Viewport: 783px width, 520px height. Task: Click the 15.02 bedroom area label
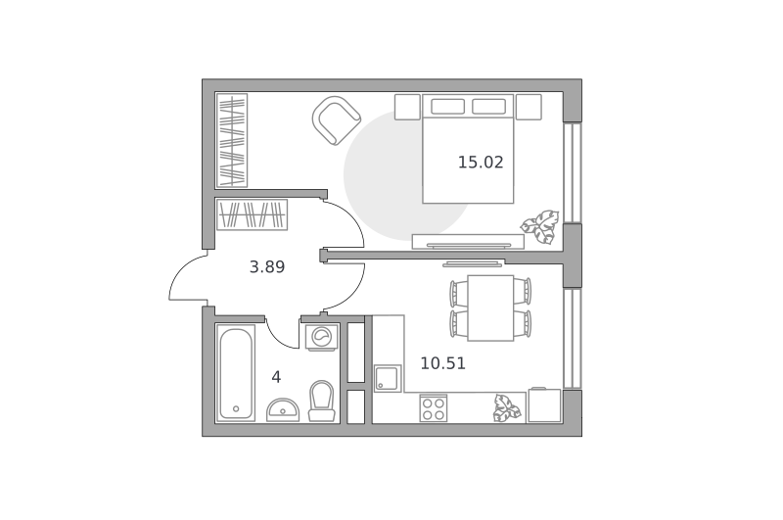point(481,163)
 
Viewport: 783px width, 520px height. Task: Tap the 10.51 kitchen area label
point(443,363)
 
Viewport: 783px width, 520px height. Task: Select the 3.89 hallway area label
point(267,266)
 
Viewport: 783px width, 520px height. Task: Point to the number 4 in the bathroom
point(276,377)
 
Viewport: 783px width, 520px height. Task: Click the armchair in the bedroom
point(336,120)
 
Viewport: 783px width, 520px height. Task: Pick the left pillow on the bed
point(448,107)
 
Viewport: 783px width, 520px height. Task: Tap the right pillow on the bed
point(488,107)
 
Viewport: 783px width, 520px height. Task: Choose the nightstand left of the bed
point(407,107)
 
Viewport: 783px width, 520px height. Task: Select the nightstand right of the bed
point(529,107)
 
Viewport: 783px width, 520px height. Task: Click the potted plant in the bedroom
point(540,227)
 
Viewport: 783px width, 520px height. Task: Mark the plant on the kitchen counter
point(506,408)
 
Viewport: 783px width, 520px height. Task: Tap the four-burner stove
point(434,408)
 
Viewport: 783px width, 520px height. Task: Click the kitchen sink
point(388,378)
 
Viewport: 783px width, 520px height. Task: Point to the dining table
point(490,307)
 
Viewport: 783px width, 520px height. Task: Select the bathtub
point(236,373)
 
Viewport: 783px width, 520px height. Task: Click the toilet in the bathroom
point(322,401)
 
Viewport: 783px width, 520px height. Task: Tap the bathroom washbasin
point(283,409)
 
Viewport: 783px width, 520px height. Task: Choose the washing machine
point(323,336)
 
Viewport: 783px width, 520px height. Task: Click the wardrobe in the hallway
point(253,214)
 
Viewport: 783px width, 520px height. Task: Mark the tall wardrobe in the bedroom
point(232,140)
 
